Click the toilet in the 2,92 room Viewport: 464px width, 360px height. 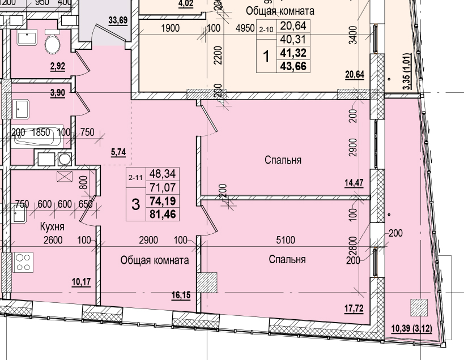53,43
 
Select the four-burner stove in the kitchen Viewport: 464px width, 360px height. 24,262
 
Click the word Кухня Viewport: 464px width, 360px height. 52,226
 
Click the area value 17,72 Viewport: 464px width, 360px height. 354,309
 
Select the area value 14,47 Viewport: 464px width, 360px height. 354,182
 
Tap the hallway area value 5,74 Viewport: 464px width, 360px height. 118,152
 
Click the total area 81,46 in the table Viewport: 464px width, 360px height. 162,215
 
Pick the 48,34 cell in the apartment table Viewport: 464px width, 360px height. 162,175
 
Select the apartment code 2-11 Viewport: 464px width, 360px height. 135,178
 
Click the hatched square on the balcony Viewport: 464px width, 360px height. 419,307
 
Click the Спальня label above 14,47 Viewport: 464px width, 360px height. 283,160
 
